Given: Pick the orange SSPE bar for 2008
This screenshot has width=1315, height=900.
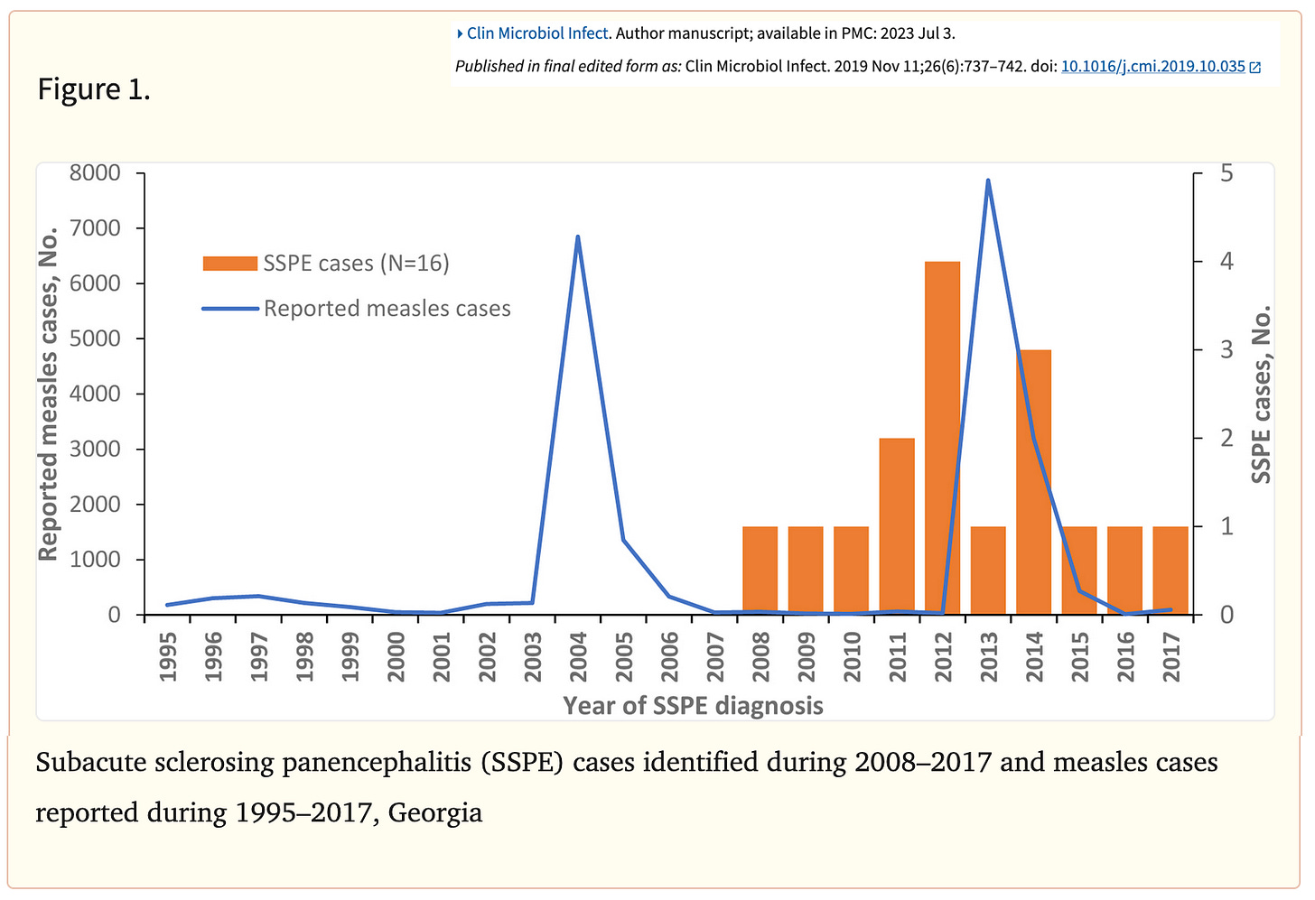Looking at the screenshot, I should pos(760,570).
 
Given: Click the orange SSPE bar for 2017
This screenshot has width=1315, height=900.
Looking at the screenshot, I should pos(1170,570).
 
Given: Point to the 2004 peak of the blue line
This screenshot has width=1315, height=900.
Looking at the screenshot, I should pos(577,237).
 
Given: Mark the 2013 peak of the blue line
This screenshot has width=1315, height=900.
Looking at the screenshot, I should pos(988,181).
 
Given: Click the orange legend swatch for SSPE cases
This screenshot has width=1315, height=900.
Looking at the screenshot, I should pos(229,264).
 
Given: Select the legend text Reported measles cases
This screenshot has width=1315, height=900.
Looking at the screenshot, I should pos(387,309).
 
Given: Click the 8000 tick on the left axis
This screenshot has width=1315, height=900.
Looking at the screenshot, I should pos(95,173).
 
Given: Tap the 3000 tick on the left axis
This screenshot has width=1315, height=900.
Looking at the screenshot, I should pos(95,450).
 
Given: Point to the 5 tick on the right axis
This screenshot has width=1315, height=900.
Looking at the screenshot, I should pos(1226,173).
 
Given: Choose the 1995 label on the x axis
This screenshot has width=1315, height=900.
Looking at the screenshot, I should pos(168,656).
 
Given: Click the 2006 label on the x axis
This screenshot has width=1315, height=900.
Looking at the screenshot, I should pos(670,656).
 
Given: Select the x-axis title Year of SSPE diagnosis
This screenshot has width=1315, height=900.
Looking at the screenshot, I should pos(693,706).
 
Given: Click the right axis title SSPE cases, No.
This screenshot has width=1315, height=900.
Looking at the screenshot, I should pos(1261,394).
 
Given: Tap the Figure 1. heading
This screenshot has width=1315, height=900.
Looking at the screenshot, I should pos(94,89).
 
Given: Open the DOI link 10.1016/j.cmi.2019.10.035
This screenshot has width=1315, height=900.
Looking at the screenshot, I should pos(1152,66).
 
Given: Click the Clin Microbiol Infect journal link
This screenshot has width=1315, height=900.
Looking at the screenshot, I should pos(536,33).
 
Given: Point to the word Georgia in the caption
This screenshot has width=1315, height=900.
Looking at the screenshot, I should pos(435,812).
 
